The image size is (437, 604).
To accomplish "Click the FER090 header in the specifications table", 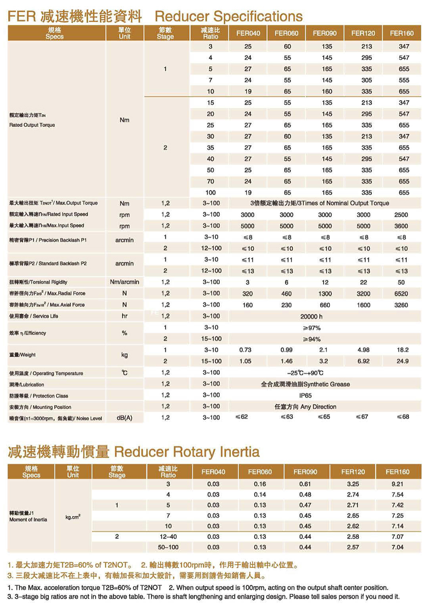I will tap(325, 33).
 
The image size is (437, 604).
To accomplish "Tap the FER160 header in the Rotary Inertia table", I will tap(397, 472).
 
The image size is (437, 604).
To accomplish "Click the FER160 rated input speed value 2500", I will tap(401, 215).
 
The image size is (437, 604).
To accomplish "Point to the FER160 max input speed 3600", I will tap(401, 226).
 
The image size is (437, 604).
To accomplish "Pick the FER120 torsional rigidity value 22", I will tap(364, 282).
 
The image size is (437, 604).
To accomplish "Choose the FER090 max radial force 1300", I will tap(325, 294).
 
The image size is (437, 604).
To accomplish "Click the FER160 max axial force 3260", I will tap(401, 305).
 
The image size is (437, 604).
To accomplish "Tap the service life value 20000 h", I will tap(311, 316).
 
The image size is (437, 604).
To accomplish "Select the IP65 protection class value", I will tap(305, 396).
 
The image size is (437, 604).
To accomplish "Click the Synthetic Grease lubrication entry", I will tap(305, 384).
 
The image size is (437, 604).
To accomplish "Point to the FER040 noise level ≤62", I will tap(242, 417).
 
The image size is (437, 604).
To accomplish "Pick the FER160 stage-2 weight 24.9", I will tap(402, 361).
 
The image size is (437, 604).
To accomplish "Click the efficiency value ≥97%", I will tap(312, 328).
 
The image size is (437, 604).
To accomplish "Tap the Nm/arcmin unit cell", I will tap(125, 282).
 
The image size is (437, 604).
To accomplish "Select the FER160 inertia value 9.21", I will tap(397, 484).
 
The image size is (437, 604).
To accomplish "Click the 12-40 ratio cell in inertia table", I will tap(168, 537).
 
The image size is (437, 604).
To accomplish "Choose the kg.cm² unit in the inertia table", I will tap(73, 517).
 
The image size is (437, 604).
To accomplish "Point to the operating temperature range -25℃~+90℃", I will tap(305, 373).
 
